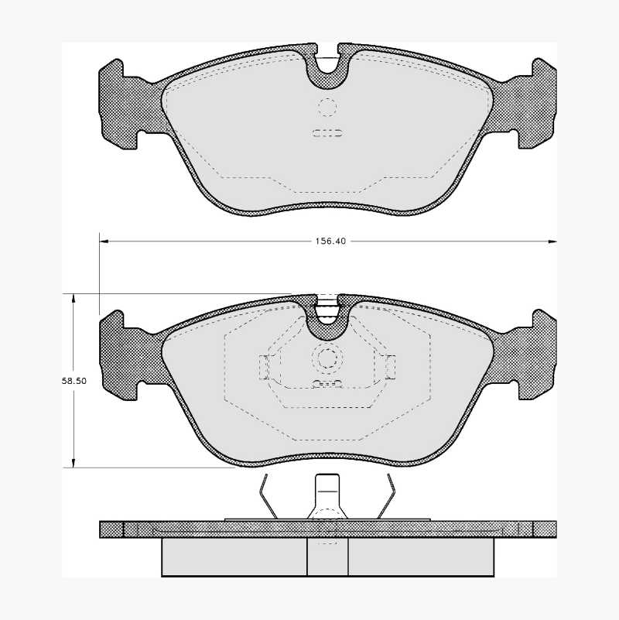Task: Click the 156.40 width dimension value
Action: pos(330,241)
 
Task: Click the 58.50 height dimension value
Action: pos(74,381)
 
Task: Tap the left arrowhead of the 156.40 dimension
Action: pos(104,241)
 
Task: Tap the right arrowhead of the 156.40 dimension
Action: pos(552,241)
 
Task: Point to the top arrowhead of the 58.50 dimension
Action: pos(73,298)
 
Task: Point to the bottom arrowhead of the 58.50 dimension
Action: pos(73,463)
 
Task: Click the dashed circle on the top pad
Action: pos(327,107)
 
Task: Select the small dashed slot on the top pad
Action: pos(327,133)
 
